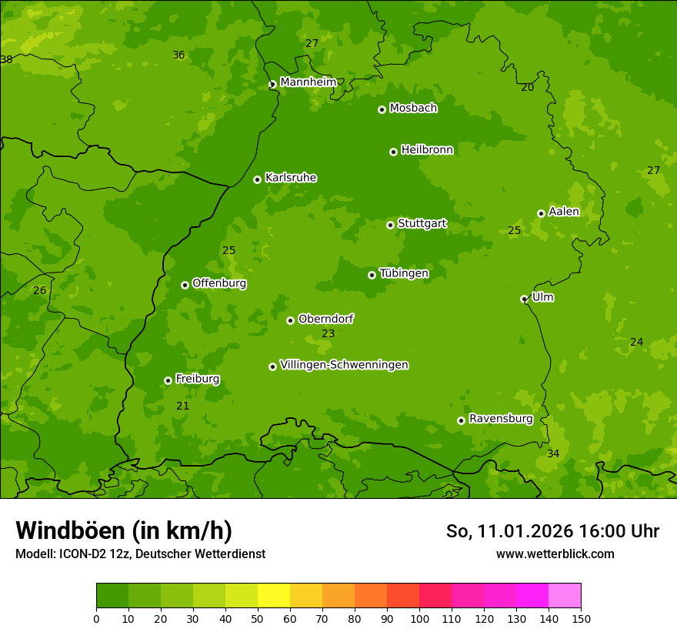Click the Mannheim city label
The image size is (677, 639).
point(308,82)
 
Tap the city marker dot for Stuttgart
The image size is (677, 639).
point(390,225)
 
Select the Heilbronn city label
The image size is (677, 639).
point(427,150)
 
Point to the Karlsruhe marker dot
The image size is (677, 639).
point(257,179)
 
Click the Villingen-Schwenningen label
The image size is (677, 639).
point(344,365)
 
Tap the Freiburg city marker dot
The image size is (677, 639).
point(168,380)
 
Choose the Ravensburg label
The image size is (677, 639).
point(501,419)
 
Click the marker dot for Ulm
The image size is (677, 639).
point(524,299)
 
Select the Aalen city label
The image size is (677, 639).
point(564,212)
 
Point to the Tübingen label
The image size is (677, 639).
point(404,273)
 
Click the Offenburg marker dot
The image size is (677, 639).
point(185,285)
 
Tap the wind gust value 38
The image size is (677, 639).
point(6,59)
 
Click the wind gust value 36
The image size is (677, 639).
point(178,55)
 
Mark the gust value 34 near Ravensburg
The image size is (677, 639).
point(553,453)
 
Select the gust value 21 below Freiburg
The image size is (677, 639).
point(182,406)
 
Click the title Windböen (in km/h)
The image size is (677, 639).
point(124,530)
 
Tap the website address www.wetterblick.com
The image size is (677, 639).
point(555,554)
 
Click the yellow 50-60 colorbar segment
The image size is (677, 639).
point(274,595)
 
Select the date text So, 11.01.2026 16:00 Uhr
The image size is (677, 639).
point(552,531)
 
